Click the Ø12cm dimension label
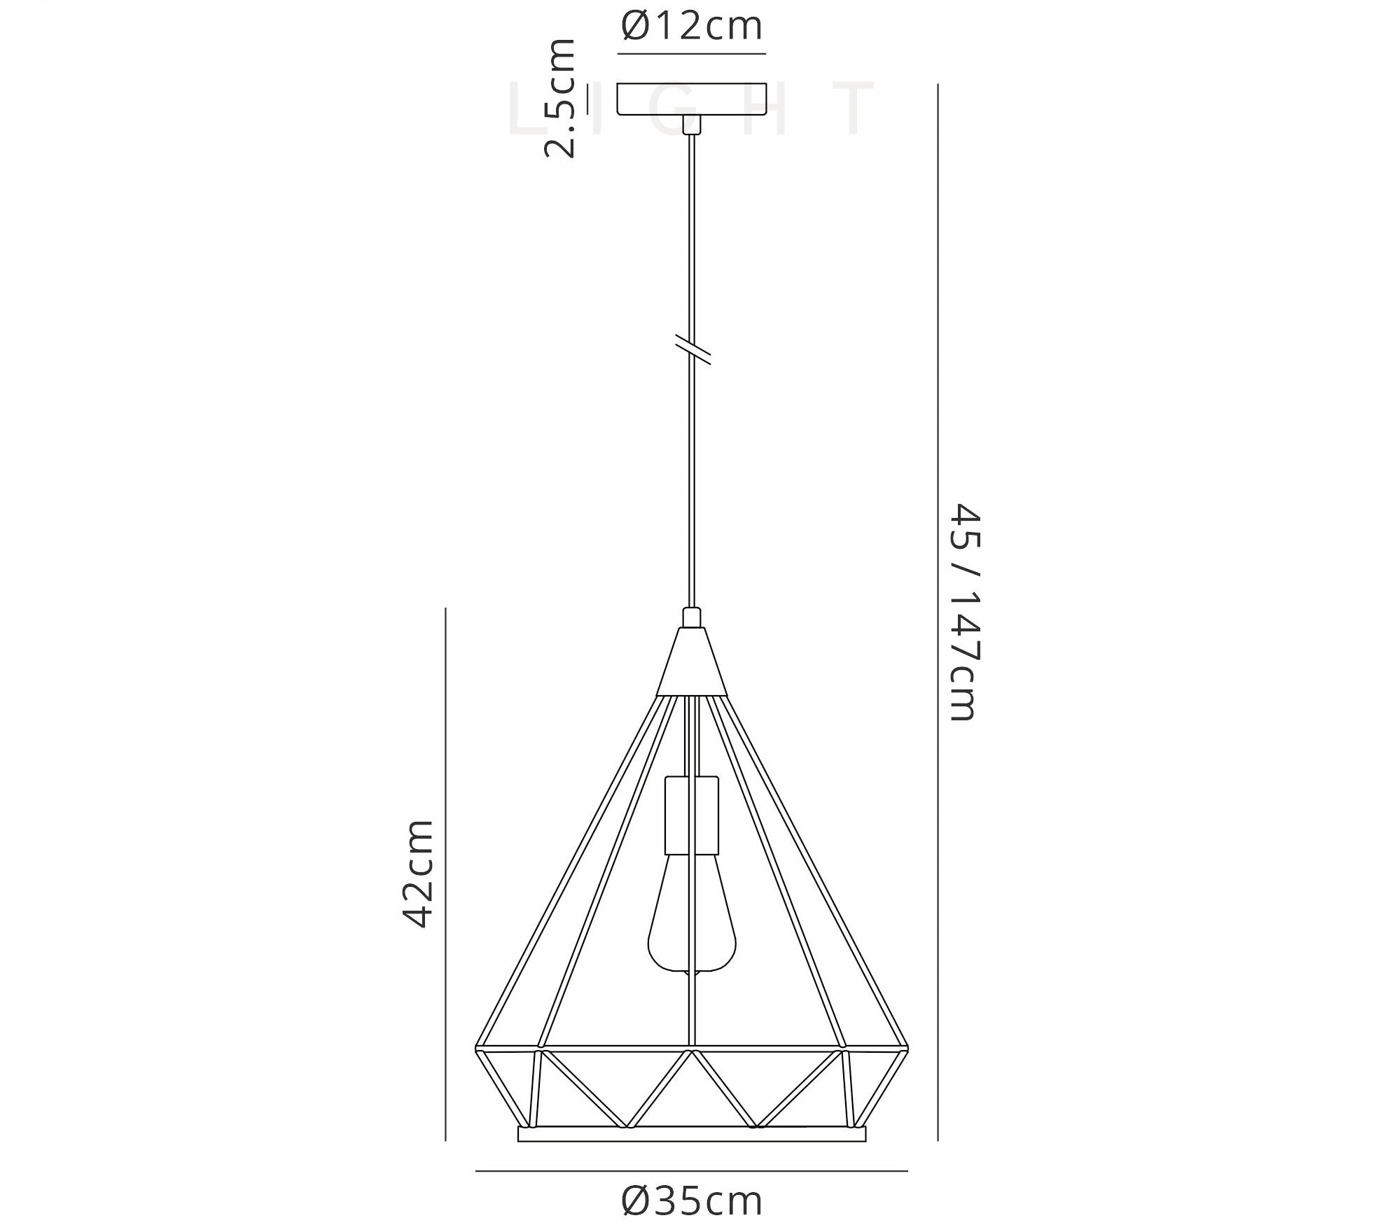click(691, 27)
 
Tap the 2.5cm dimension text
click(560, 98)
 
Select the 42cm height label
click(419, 874)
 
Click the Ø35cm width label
click(691, 1201)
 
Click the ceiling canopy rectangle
click(691, 99)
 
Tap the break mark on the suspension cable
click(692, 349)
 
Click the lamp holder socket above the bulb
click(692, 815)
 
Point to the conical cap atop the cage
click(692, 661)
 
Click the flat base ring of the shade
click(691, 1154)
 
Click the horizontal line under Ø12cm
click(691, 53)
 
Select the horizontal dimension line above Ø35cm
click(691, 1170)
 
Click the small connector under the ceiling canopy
click(692, 124)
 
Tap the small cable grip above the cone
click(692, 617)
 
